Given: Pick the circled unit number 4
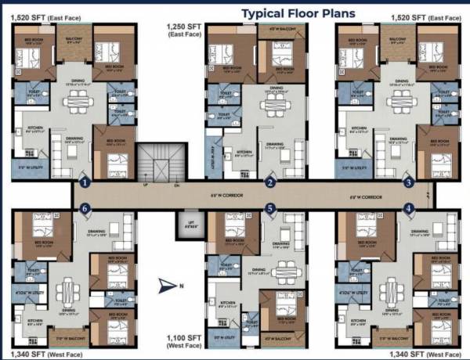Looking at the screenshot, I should pyautogui.click(x=408, y=208).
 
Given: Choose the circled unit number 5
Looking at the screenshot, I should pyautogui.click(x=270, y=208).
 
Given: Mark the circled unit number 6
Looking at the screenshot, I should pyautogui.click(x=85, y=208).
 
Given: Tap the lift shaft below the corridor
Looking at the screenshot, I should pyautogui.click(x=186, y=225).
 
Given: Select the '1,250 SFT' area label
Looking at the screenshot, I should pyautogui.click(x=183, y=28).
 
